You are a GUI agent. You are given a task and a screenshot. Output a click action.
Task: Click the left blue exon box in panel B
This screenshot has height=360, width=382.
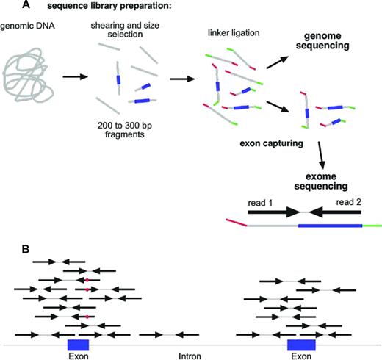78,345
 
